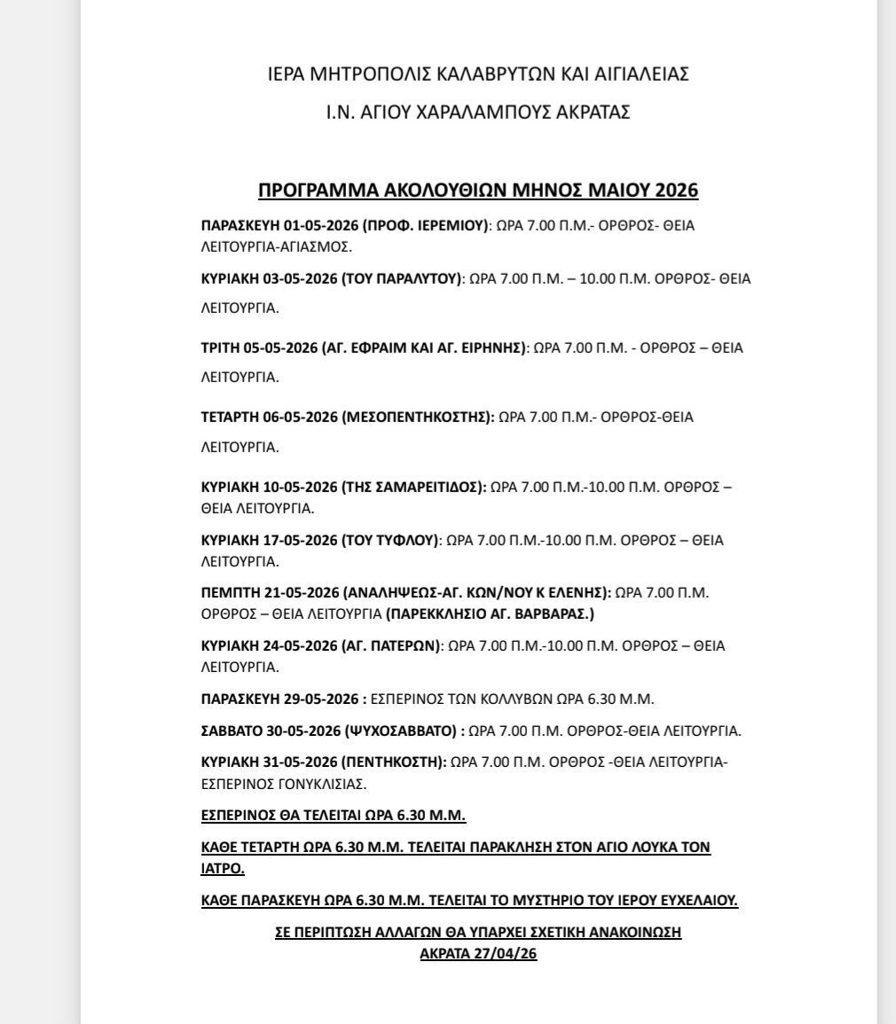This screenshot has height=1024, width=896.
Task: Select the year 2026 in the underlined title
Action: [677, 191]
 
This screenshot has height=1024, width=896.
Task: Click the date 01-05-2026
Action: [300, 225]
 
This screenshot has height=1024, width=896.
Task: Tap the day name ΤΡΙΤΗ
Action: [220, 348]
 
